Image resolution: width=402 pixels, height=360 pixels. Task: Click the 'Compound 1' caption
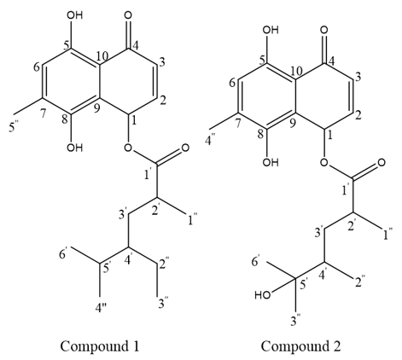[100, 346]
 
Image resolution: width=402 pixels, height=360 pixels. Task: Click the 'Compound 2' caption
[300, 346]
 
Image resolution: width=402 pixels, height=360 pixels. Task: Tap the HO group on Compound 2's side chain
[263, 295]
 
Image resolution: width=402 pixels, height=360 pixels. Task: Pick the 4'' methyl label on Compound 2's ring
[212, 141]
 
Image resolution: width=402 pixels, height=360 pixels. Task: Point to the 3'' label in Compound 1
[164, 303]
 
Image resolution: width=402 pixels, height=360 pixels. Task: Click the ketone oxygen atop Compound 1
[128, 15]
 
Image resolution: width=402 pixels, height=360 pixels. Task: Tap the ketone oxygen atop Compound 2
[323, 30]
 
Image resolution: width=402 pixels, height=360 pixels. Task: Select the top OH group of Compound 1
[74, 15]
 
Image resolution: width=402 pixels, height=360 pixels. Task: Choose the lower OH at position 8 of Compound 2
[271, 162]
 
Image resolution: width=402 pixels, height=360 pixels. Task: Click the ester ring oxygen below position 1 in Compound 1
[128, 148]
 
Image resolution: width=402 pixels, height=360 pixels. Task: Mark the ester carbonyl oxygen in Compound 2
[381, 163]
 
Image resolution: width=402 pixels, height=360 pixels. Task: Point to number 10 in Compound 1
[102, 56]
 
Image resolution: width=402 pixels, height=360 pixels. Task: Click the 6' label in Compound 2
[255, 262]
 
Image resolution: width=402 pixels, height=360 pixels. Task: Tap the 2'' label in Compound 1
[164, 264]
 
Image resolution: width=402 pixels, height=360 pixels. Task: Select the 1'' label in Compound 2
[387, 235]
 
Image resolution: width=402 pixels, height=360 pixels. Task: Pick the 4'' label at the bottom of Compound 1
[101, 309]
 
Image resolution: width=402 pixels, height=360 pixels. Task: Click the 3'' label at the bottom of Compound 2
[296, 321]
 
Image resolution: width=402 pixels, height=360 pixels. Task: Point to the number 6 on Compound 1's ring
[37, 67]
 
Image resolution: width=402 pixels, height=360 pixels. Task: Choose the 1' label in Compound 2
[345, 190]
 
